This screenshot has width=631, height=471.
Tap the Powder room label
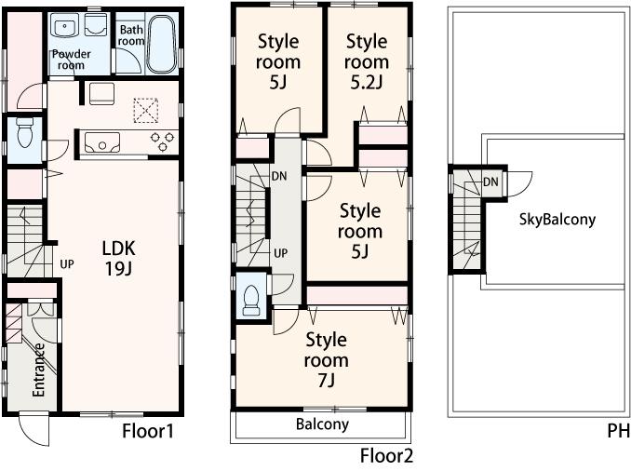click(71, 60)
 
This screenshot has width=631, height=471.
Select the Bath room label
click(130, 35)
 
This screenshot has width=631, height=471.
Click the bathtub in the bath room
click(162, 44)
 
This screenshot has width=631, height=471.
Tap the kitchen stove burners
click(163, 142)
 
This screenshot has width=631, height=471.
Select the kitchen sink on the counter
click(101, 142)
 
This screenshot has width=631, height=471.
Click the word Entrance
click(40, 370)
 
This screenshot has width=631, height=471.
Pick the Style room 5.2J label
click(366, 62)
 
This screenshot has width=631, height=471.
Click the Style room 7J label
click(326, 359)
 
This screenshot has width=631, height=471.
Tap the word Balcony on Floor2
click(322, 424)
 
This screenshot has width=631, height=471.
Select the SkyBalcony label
click(557, 221)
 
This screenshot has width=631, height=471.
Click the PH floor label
click(617, 432)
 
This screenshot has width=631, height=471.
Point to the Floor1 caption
click(148, 432)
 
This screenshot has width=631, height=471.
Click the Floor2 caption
click(386, 455)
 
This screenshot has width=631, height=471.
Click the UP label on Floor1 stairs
click(66, 263)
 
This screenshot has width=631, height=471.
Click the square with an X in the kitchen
click(144, 110)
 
